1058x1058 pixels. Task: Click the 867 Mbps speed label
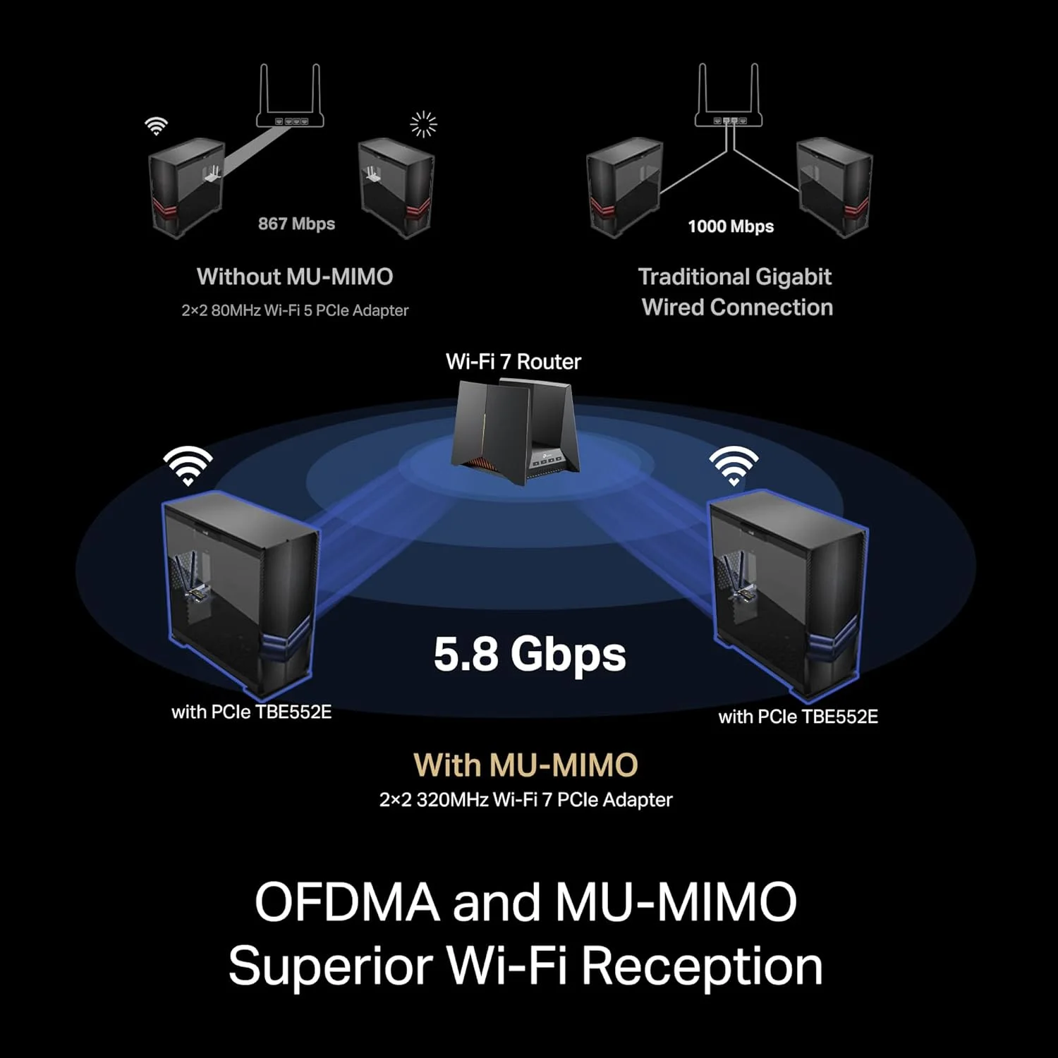pos(296,224)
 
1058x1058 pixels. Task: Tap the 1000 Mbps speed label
pos(731,226)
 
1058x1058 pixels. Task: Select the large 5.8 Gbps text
pos(530,654)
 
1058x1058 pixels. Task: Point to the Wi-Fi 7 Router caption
pos(513,362)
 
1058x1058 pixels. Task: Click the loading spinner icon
pos(424,124)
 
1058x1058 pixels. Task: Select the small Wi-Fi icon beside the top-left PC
pos(156,126)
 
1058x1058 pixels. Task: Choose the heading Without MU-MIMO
pos(295,276)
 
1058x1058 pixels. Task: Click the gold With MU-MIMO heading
pos(525,765)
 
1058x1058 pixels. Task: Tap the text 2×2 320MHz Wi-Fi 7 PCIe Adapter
pos(526,800)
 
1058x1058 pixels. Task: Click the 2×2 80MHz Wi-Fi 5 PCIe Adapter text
pos(295,310)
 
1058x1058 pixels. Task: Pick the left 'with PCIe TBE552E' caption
pos(252,712)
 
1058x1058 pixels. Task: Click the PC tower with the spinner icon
pos(396,187)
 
